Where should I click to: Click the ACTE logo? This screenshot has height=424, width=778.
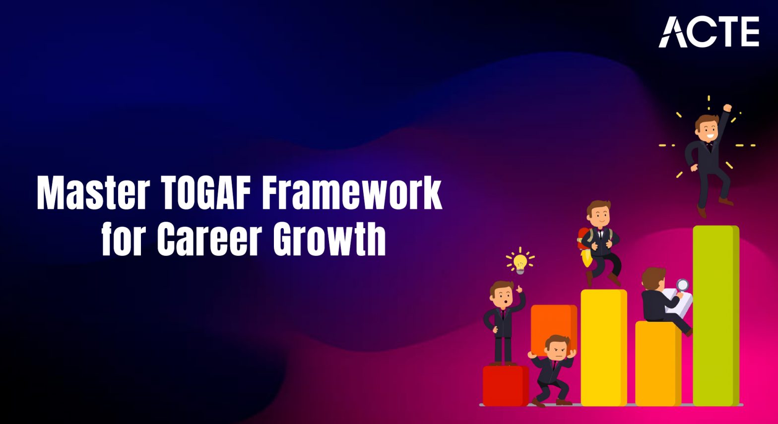(x=709, y=32)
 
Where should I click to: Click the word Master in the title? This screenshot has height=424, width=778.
(x=93, y=193)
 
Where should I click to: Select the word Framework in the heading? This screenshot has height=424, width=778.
(x=352, y=193)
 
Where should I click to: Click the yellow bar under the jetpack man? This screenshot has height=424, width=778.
(x=603, y=347)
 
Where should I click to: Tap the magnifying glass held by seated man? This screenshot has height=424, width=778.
(x=683, y=285)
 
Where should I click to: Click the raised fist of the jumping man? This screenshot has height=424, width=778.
(x=727, y=108)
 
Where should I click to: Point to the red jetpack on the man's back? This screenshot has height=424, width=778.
(x=583, y=238)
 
